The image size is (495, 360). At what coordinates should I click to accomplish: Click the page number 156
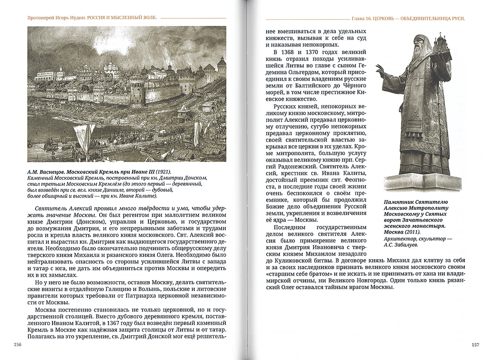point(18,345)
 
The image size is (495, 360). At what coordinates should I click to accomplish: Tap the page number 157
point(475,345)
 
